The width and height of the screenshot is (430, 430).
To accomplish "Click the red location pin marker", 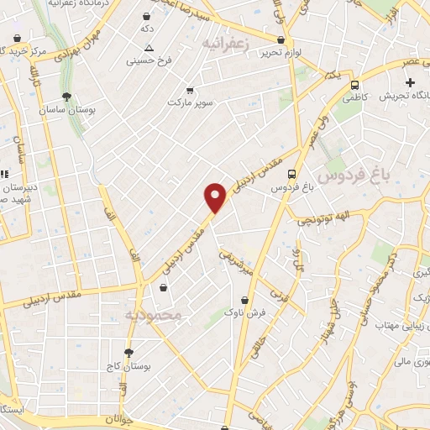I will [x=216, y=197].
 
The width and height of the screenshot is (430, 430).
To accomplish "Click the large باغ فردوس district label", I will [x=366, y=174].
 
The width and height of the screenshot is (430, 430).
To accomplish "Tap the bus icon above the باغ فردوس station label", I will [x=291, y=175].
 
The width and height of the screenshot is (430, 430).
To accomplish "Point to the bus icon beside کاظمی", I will [x=356, y=85].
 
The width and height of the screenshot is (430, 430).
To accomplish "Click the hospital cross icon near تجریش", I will [x=410, y=82].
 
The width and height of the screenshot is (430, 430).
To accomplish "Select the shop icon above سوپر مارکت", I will [x=190, y=90].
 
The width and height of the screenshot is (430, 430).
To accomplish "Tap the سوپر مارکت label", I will [x=186, y=102].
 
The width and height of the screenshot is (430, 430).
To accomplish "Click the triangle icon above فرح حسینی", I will [x=149, y=49].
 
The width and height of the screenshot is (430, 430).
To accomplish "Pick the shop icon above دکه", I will [x=147, y=17].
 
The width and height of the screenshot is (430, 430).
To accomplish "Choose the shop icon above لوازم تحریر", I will [x=281, y=40].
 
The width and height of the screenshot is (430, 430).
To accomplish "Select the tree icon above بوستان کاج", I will [x=128, y=353].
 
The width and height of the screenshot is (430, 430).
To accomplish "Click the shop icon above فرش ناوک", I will [x=244, y=299].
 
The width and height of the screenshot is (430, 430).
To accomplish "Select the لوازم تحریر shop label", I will [x=281, y=52].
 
